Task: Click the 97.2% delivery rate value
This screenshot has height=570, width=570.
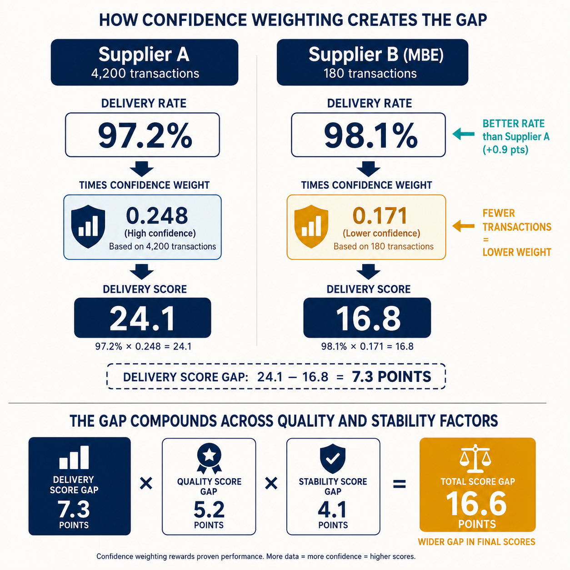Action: tap(145, 135)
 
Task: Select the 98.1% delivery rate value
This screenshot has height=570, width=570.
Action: tap(370, 135)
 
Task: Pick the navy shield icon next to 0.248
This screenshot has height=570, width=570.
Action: tap(88, 226)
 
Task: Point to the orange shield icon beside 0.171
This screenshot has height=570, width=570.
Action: tap(311, 226)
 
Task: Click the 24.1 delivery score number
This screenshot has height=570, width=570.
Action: tap(142, 318)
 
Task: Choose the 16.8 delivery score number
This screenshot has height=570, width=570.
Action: tap(368, 318)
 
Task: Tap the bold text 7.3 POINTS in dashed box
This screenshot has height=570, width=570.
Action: tap(392, 377)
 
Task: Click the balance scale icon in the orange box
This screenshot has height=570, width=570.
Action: tap(475, 459)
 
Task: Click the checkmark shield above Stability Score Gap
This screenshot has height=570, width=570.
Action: tap(333, 459)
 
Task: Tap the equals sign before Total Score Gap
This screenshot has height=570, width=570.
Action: tap(400, 484)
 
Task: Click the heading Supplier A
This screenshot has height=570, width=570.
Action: tap(144, 55)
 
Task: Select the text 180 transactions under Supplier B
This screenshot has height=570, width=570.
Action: tap(370, 73)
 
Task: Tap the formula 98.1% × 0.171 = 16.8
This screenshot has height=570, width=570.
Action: tap(367, 346)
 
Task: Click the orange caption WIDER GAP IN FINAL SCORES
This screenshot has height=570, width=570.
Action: tap(476, 542)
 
